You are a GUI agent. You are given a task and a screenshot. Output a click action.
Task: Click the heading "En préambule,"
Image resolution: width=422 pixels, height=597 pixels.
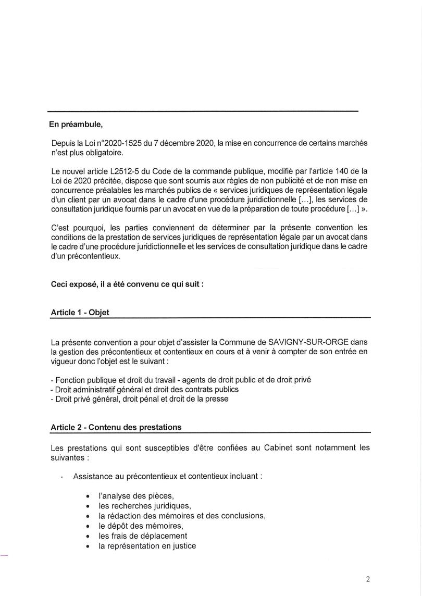coord(75,125)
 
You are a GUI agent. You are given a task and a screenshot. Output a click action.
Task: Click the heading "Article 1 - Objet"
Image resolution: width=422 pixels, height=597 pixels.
coord(80,313)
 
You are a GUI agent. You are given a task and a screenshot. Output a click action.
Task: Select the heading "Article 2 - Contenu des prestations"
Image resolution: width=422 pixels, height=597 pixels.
coord(116,427)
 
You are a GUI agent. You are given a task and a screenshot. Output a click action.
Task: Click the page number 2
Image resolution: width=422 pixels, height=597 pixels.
coord(368,579)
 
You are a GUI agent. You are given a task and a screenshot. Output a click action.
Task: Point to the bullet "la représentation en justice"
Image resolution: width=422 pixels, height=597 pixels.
coord(147,546)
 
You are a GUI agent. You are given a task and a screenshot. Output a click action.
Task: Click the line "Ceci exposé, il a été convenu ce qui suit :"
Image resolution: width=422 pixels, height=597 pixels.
coord(127,285)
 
